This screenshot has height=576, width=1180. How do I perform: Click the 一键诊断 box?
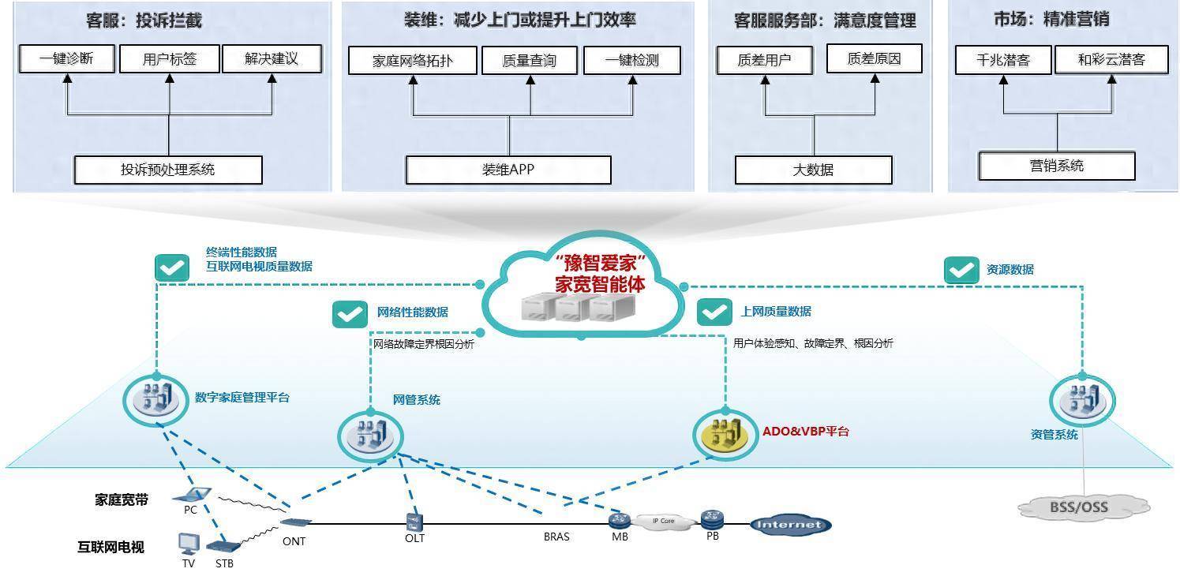coord(67,58)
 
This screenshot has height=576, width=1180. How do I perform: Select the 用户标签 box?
coord(169,58)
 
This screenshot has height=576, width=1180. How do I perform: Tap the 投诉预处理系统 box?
coord(168,170)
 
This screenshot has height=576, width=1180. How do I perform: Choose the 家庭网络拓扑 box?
coord(412,61)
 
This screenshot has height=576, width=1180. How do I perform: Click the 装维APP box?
coord(508,170)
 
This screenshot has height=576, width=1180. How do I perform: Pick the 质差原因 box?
coord(874,58)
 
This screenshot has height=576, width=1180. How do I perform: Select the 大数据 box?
coord(813,170)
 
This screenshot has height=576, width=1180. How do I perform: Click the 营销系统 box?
coord(1057,166)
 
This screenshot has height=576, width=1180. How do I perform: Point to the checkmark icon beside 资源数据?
coord(961,270)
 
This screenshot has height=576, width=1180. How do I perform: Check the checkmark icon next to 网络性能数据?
coord(350,313)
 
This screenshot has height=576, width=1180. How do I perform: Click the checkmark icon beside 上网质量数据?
coord(714,312)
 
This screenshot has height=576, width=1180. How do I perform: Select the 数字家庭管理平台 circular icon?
coord(156,400)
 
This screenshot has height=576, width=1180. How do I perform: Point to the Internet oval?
coord(790,525)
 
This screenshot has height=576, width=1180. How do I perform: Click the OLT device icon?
coord(414,522)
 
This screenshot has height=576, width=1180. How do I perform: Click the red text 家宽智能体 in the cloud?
coord(600,285)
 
